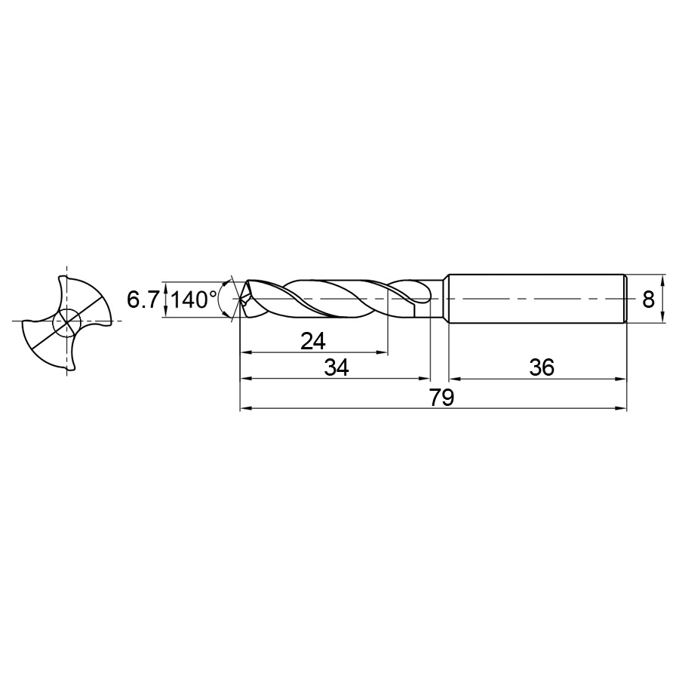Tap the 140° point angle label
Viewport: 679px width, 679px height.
pos(194,300)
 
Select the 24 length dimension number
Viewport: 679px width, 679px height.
pos(312,341)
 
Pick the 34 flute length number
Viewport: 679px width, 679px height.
pos(336,368)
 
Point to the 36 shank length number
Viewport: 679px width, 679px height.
pos(542,367)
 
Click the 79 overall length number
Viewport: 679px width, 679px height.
pos(441,398)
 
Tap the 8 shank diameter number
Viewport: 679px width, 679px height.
pos(648,300)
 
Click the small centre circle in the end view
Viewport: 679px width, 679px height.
pos(66,322)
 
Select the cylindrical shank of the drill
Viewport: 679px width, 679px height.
pos(537,298)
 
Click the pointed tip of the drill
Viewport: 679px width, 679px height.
pos(241,298)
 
